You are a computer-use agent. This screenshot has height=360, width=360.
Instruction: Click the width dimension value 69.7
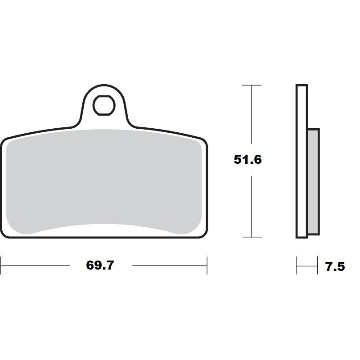click(100, 265)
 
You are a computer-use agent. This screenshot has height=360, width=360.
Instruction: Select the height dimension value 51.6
click(247, 160)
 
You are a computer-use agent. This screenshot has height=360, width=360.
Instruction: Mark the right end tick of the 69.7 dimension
click(207, 265)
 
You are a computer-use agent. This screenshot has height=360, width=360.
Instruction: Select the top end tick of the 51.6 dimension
click(251, 85)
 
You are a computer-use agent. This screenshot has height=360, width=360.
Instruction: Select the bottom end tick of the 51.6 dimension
click(251, 237)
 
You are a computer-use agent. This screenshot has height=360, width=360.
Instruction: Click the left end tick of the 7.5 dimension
click(297, 265)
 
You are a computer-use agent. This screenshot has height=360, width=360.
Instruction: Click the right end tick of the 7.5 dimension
click(318, 265)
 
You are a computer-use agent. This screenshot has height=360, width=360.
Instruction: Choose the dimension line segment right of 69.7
click(169, 265)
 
